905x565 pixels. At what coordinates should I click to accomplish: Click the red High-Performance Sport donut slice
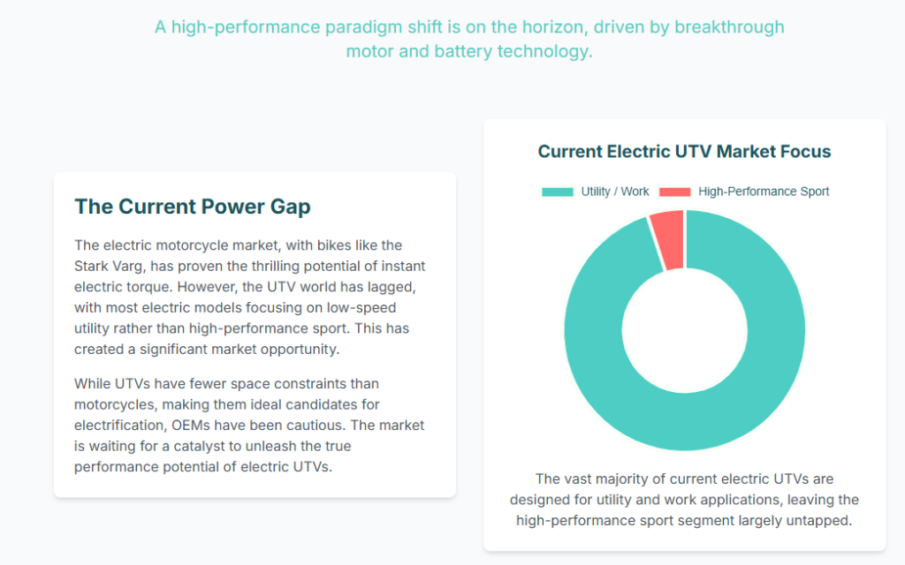click(668, 238)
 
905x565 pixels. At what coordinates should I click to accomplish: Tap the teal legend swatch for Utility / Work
click(557, 192)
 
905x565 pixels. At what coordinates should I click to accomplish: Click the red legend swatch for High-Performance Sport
click(675, 192)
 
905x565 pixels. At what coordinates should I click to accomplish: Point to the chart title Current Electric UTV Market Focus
click(684, 152)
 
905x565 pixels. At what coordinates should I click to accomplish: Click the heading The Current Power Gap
click(193, 207)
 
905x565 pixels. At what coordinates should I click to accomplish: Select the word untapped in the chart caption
click(823, 521)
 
